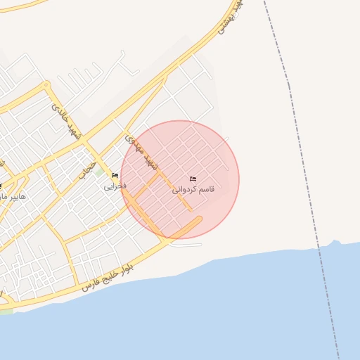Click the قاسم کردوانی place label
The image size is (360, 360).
click(x=193, y=190)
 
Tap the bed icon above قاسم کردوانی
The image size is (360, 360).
click(x=193, y=179)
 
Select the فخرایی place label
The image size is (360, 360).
click(x=115, y=186)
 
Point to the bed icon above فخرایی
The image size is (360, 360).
click(x=115, y=176)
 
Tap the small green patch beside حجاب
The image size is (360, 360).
click(x=101, y=171)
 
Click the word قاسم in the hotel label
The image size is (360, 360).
click(x=206, y=190)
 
